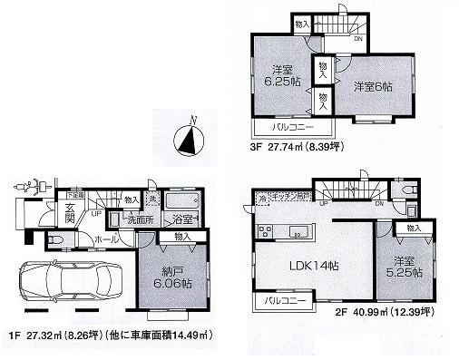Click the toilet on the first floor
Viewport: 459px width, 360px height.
click(53, 238)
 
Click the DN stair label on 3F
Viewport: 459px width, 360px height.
click(358, 39)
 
